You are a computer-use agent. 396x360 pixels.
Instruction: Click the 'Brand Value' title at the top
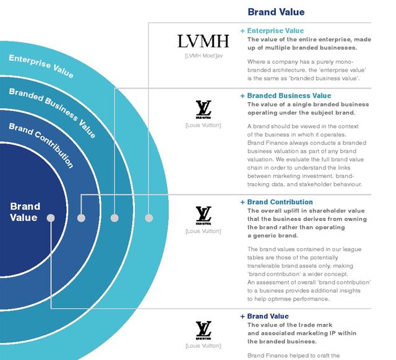(276, 12)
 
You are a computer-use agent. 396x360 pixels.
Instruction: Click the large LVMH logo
(204, 41)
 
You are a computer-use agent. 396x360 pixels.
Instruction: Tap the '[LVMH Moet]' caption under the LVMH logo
(200, 56)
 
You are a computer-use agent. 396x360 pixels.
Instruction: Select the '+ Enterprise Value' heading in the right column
(272, 31)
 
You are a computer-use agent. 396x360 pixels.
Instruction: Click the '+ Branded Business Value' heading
(286, 96)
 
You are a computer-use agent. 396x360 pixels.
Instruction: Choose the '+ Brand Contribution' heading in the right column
(277, 202)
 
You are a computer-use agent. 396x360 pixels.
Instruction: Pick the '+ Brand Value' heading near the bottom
(264, 316)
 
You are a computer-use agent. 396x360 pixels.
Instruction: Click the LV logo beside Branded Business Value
(204, 109)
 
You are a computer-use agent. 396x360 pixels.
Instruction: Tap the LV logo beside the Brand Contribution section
(204, 215)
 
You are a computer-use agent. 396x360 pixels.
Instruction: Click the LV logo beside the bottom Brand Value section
(204, 330)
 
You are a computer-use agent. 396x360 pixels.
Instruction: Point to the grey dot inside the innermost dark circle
(51, 218)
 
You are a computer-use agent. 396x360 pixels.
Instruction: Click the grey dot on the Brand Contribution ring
(81, 218)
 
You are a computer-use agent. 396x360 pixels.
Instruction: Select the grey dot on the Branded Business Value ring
(114, 218)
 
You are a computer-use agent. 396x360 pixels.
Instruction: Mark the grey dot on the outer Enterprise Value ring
(148, 218)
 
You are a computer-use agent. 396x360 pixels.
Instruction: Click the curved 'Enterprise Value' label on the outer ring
(41, 66)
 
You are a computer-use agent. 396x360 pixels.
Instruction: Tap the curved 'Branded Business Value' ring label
(53, 112)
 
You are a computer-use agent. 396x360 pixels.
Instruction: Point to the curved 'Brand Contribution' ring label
(41, 145)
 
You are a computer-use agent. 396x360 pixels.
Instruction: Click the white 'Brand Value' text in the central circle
(25, 212)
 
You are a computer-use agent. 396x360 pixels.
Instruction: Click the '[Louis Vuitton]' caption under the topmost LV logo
(204, 125)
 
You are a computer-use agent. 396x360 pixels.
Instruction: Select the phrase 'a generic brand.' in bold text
(273, 236)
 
